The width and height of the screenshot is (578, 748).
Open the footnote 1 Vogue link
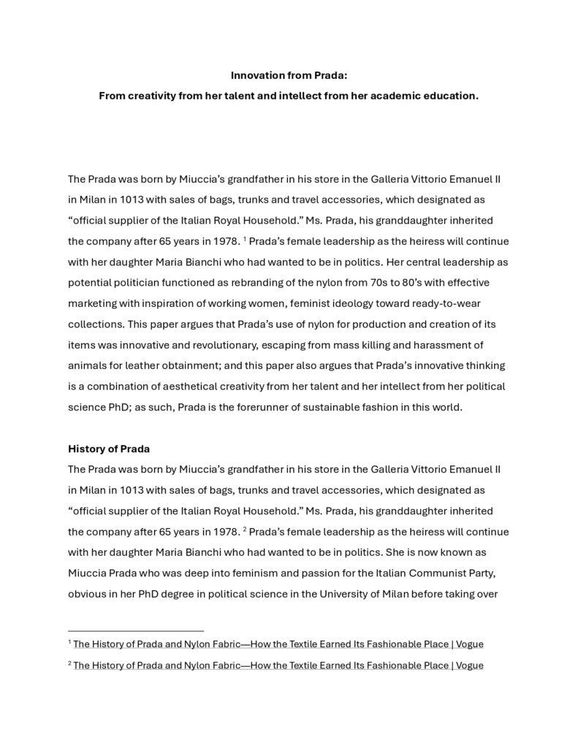pos(278,644)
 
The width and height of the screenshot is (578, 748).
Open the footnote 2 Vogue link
pos(278,665)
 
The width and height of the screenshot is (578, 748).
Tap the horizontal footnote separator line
pos(135,630)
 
